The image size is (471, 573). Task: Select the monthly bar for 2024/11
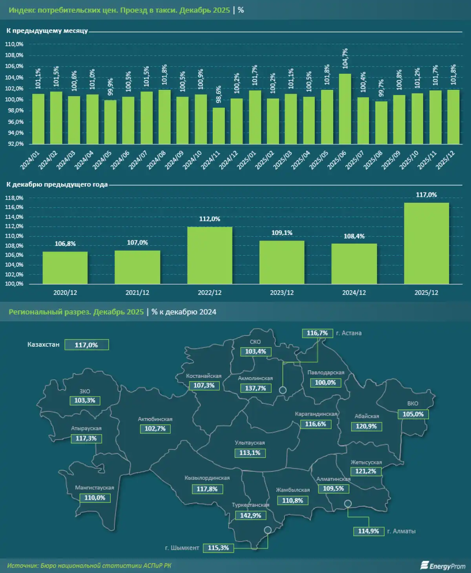point(219,126)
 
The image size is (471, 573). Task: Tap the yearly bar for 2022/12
point(210,255)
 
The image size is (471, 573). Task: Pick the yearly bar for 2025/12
point(426,243)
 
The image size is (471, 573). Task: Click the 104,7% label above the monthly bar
point(345,58)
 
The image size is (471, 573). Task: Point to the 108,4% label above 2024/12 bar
point(354,236)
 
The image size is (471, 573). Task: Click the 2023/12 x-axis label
point(282,293)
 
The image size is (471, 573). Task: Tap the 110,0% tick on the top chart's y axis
point(14,44)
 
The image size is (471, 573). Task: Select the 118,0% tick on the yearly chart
point(14,198)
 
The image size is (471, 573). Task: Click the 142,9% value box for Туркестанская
point(250,515)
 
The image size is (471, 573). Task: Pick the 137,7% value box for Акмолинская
point(256,388)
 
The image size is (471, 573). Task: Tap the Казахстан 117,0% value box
point(86,345)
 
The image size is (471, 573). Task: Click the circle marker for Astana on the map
point(283,390)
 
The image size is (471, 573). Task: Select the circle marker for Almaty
point(348,504)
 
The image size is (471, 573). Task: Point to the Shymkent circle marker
point(268,530)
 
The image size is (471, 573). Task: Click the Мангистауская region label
point(95,488)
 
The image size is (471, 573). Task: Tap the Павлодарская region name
point(326,373)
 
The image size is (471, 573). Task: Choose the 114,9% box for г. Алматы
point(369,531)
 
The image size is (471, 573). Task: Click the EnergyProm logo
point(443,566)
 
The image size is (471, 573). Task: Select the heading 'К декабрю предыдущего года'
point(57,184)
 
